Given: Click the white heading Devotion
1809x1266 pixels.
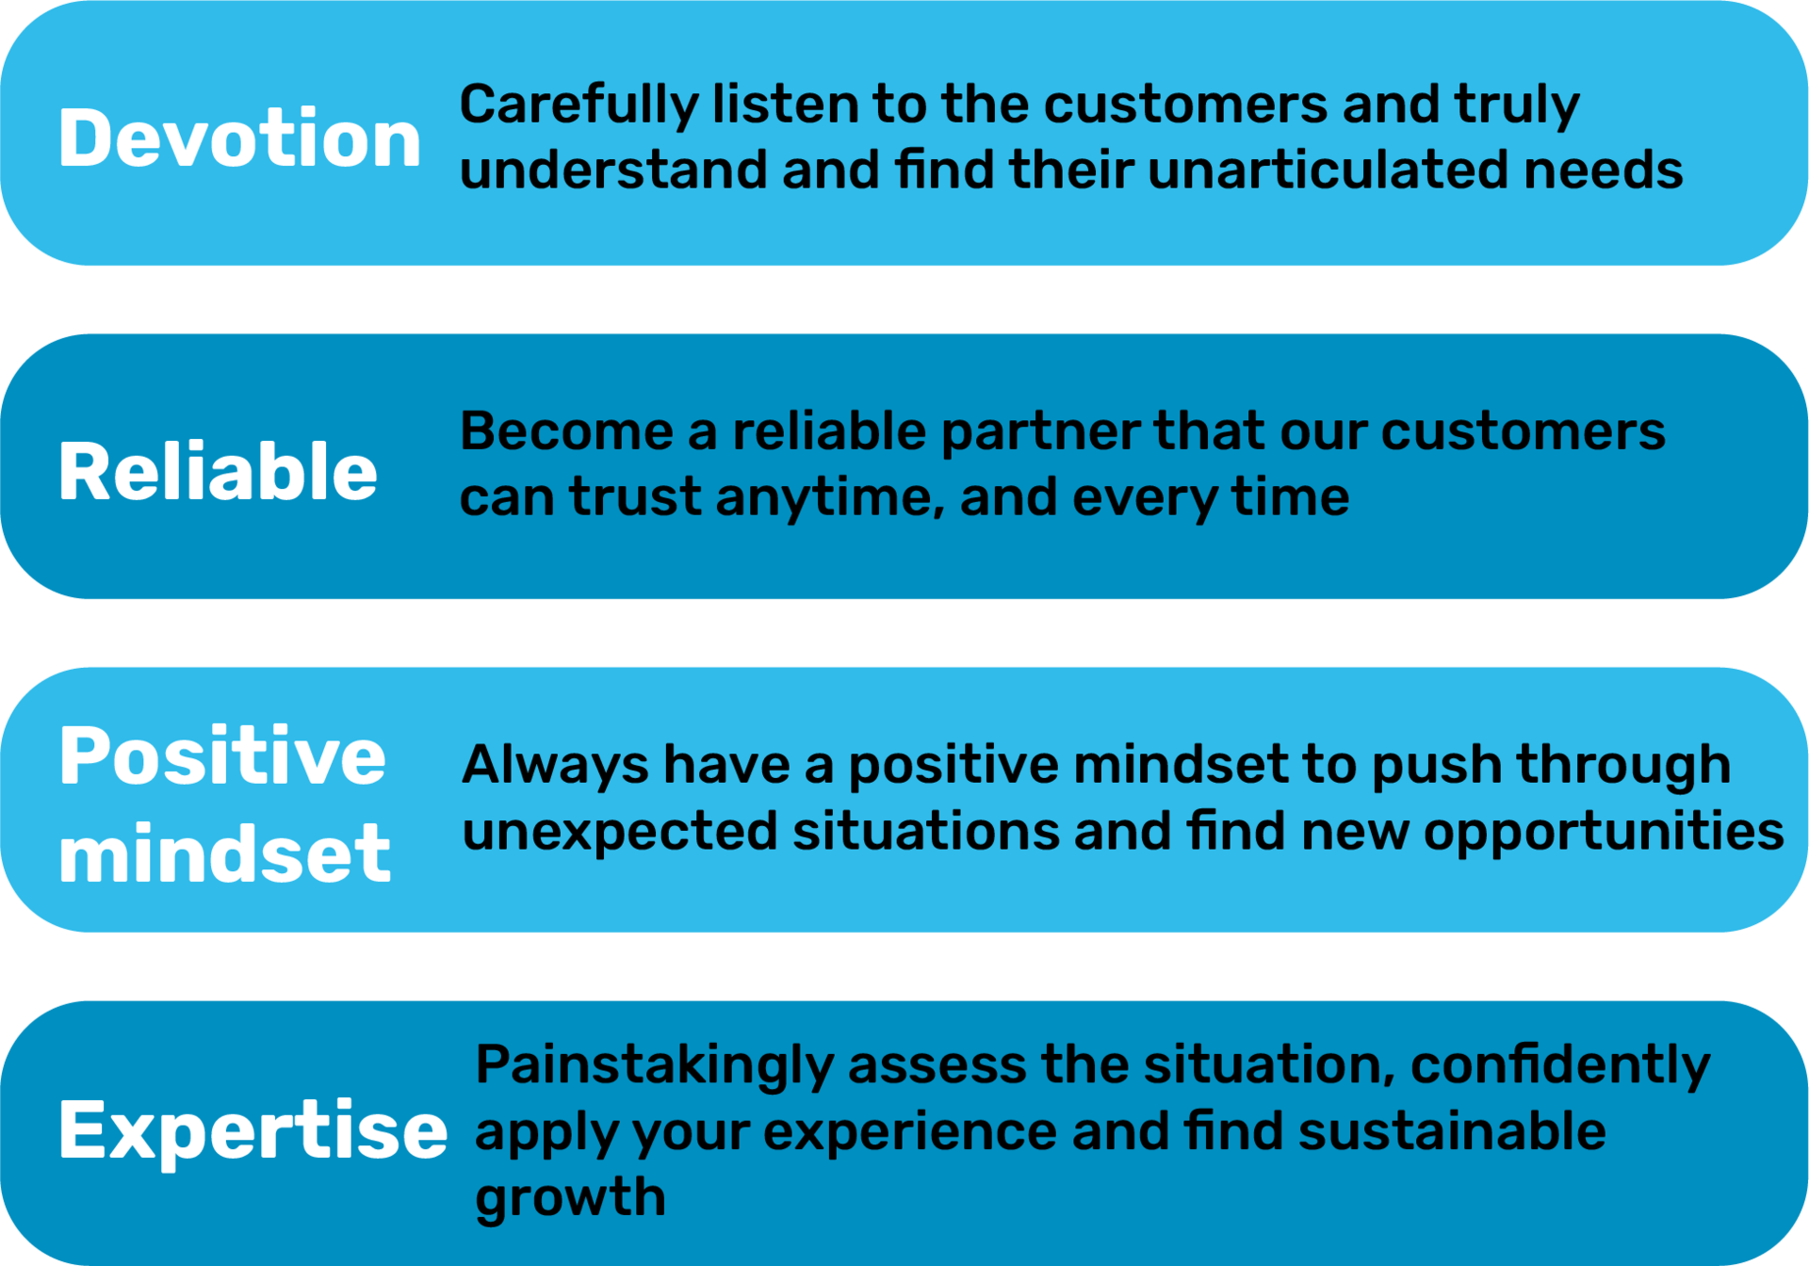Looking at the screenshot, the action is (239, 138).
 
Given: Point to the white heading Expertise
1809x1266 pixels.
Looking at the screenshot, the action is (253, 1130).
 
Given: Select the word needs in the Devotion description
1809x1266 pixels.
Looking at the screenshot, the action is (1603, 170).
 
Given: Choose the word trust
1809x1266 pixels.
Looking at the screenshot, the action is (635, 497).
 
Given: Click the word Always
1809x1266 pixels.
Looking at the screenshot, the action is (554, 766).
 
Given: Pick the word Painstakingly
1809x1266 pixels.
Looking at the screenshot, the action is (655, 1066).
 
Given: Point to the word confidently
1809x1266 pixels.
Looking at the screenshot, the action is (1560, 1066).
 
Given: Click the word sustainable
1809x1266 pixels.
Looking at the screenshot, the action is (1452, 1130).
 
